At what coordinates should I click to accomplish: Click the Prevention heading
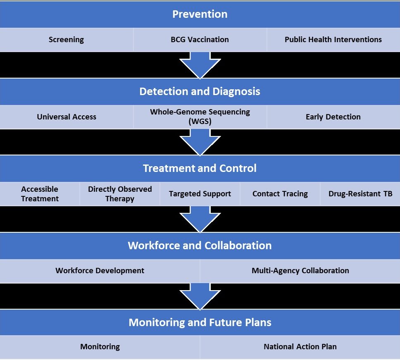[x=200, y=14]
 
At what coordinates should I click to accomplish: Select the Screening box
[x=66, y=40]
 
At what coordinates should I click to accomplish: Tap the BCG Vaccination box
[x=200, y=40]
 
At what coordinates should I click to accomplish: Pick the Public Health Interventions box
[x=333, y=40]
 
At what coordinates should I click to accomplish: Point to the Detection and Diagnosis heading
[x=200, y=91]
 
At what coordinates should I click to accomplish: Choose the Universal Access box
[x=66, y=117]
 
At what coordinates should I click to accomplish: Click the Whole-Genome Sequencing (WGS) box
[x=200, y=117]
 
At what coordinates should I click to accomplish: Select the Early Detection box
[x=333, y=117]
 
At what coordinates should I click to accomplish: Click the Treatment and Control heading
[x=200, y=169]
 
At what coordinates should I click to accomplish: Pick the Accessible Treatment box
[x=40, y=194]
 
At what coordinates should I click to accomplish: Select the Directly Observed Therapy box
[x=120, y=194]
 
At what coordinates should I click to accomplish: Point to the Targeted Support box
[x=200, y=194]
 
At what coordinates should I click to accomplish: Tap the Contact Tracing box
[x=280, y=194]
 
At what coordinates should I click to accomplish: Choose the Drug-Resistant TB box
[x=360, y=194]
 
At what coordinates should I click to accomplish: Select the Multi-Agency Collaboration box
[x=300, y=271]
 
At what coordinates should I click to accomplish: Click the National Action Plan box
[x=300, y=347]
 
